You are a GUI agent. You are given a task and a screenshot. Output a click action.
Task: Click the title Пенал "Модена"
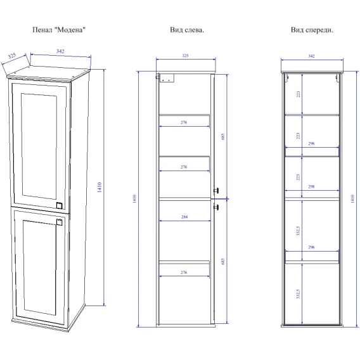click(59, 30)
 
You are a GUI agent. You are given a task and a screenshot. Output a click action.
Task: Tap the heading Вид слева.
click(187, 30)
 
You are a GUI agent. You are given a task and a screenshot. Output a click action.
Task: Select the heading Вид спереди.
click(312, 30)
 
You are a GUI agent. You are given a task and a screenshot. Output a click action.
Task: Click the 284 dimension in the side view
click(184, 217)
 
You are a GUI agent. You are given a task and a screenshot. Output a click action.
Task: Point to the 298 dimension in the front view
click(311, 187)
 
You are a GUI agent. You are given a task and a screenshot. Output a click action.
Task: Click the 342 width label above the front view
click(311, 56)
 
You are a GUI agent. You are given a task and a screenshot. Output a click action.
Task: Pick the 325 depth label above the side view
click(185, 56)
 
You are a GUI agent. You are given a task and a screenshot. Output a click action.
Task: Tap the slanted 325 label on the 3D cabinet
click(12, 56)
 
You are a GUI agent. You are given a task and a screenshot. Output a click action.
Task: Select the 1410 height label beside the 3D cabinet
click(100, 187)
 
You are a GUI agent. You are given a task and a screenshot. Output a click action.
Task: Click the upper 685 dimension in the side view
click(222, 137)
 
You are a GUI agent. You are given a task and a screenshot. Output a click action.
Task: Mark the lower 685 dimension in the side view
click(222, 262)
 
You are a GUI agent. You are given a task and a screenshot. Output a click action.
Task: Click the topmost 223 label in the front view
click(298, 94)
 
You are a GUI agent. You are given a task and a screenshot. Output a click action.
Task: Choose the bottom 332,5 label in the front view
click(298, 294)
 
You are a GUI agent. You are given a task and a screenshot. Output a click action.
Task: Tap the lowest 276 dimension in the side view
click(184, 273)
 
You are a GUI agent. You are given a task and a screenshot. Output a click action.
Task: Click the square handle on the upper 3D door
click(59, 205)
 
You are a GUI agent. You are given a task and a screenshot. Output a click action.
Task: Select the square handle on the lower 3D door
click(60, 222)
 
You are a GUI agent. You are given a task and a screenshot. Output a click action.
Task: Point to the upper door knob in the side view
click(216, 191)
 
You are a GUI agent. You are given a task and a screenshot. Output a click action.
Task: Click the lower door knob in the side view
click(216, 207)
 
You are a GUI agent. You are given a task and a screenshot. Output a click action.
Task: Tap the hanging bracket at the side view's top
click(166, 78)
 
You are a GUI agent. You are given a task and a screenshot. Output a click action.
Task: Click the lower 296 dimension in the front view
click(311, 247)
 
